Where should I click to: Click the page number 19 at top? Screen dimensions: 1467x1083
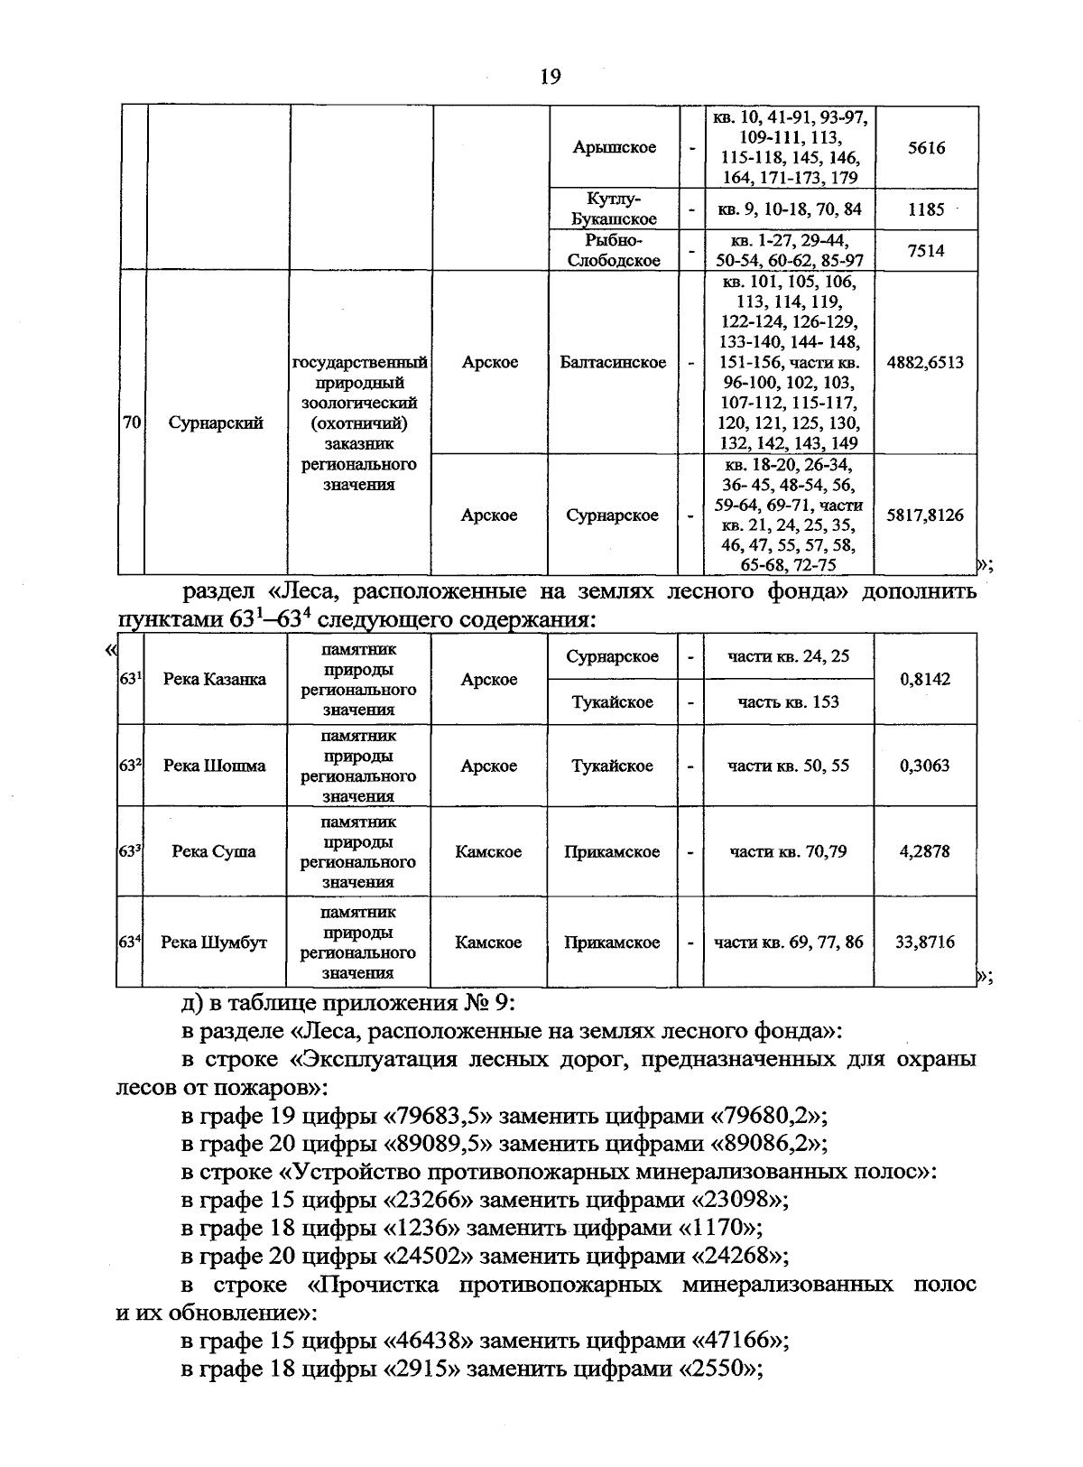pyautogui.click(x=550, y=76)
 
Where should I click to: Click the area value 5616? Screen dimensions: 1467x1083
pyautogui.click(x=926, y=147)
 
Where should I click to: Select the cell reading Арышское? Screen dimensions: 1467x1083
pyautogui.click(x=614, y=147)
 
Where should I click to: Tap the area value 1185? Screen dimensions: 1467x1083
pyautogui.click(x=926, y=209)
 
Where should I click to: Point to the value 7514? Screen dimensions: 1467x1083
pyautogui.click(x=926, y=251)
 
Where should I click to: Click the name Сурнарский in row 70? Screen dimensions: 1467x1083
pyautogui.click(x=216, y=422)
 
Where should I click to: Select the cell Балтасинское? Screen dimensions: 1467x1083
pyautogui.click(x=613, y=363)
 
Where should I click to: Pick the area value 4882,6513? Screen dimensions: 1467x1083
pyautogui.click(x=925, y=363)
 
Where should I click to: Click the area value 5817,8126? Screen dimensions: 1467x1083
pyautogui.click(x=925, y=515)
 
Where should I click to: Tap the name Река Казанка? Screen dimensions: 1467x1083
pyautogui.click(x=215, y=680)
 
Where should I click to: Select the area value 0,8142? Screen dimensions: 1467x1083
pyautogui.click(x=925, y=680)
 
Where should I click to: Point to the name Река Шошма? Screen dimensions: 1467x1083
pyautogui.click(x=215, y=766)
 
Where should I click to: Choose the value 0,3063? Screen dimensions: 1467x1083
pyautogui.click(x=925, y=766)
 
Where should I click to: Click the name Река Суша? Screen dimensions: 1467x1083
pyautogui.click(x=214, y=851)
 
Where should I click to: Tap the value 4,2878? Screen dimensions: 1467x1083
pyautogui.click(x=925, y=851)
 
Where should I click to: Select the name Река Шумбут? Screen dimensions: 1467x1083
pyautogui.click(x=214, y=942)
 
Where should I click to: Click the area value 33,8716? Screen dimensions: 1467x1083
pyautogui.click(x=925, y=942)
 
